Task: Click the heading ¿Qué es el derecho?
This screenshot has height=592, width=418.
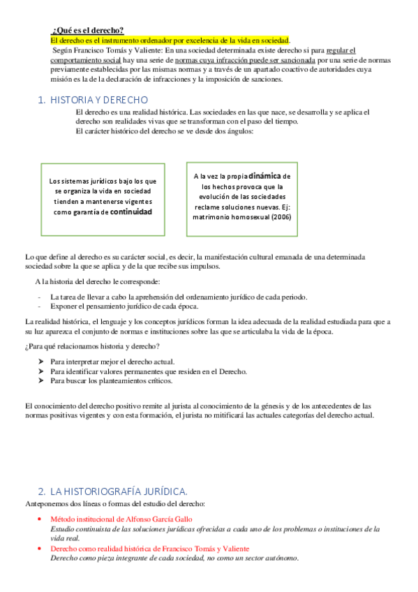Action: (88, 30)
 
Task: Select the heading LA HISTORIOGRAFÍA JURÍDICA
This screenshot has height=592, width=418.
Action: (119, 491)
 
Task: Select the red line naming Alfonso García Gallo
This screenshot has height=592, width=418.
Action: (121, 519)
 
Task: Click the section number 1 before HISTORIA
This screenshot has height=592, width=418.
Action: (40, 100)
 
